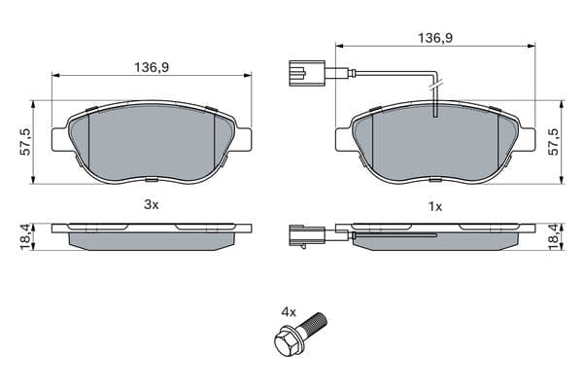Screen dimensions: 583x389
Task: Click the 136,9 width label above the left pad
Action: pos(152,67)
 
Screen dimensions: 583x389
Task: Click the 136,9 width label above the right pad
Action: pos(435,38)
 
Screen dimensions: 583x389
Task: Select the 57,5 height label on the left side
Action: pos(25,142)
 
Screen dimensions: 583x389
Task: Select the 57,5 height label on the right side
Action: pos(553,142)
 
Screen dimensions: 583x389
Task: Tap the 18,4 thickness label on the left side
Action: pos(25,237)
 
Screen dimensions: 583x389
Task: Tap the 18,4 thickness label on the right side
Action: pos(553,237)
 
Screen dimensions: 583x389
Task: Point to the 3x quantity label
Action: pos(152,204)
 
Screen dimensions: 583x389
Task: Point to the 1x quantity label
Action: pos(435,206)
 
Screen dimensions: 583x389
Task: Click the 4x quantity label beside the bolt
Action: pos(289,312)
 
